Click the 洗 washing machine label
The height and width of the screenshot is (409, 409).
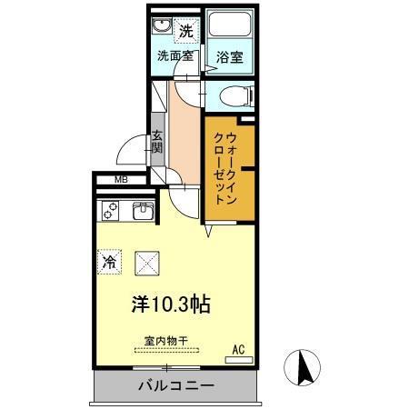click(185, 31)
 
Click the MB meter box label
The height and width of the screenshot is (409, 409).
click(121, 180)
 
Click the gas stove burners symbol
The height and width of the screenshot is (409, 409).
click(111, 212)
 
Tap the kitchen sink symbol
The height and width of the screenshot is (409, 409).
click(142, 213)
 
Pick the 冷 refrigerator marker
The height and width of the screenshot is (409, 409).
click(108, 263)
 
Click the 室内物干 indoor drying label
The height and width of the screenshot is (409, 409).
click(166, 341)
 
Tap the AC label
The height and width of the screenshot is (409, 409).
click(239, 348)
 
